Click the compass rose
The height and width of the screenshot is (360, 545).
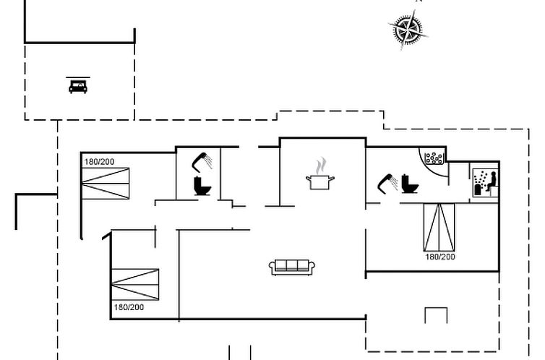click(408, 30)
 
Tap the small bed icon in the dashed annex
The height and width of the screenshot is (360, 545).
click(78, 86)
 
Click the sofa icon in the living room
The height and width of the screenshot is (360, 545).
click(292, 267)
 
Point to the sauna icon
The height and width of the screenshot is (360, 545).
click(485, 183)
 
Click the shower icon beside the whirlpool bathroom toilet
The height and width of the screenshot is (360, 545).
click(388, 182)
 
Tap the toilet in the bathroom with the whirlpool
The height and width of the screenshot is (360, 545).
click(409, 184)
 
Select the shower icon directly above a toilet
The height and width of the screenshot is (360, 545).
click(202, 162)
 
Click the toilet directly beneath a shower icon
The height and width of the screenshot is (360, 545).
click(202, 186)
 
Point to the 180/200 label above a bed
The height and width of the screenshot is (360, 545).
click(100, 162)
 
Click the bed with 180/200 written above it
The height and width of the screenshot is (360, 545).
click(106, 184)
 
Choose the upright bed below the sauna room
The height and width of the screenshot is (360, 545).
click(439, 227)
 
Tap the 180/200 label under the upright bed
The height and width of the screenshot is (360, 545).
click(440, 257)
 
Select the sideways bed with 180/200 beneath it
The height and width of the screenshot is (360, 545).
click(135, 285)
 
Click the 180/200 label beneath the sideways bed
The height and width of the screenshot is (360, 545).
click(129, 307)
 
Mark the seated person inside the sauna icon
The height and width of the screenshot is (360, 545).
click(492, 181)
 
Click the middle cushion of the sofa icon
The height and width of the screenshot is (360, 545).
click(292, 265)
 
